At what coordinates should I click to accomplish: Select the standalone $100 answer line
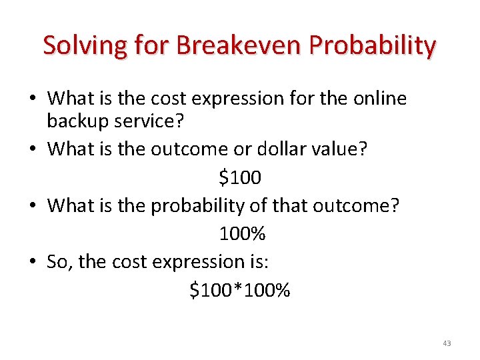(240, 178)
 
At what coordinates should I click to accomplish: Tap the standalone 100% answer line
(242, 234)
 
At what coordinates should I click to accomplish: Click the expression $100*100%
(240, 291)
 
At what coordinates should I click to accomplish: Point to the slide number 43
(446, 343)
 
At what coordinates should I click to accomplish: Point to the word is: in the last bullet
(256, 262)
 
